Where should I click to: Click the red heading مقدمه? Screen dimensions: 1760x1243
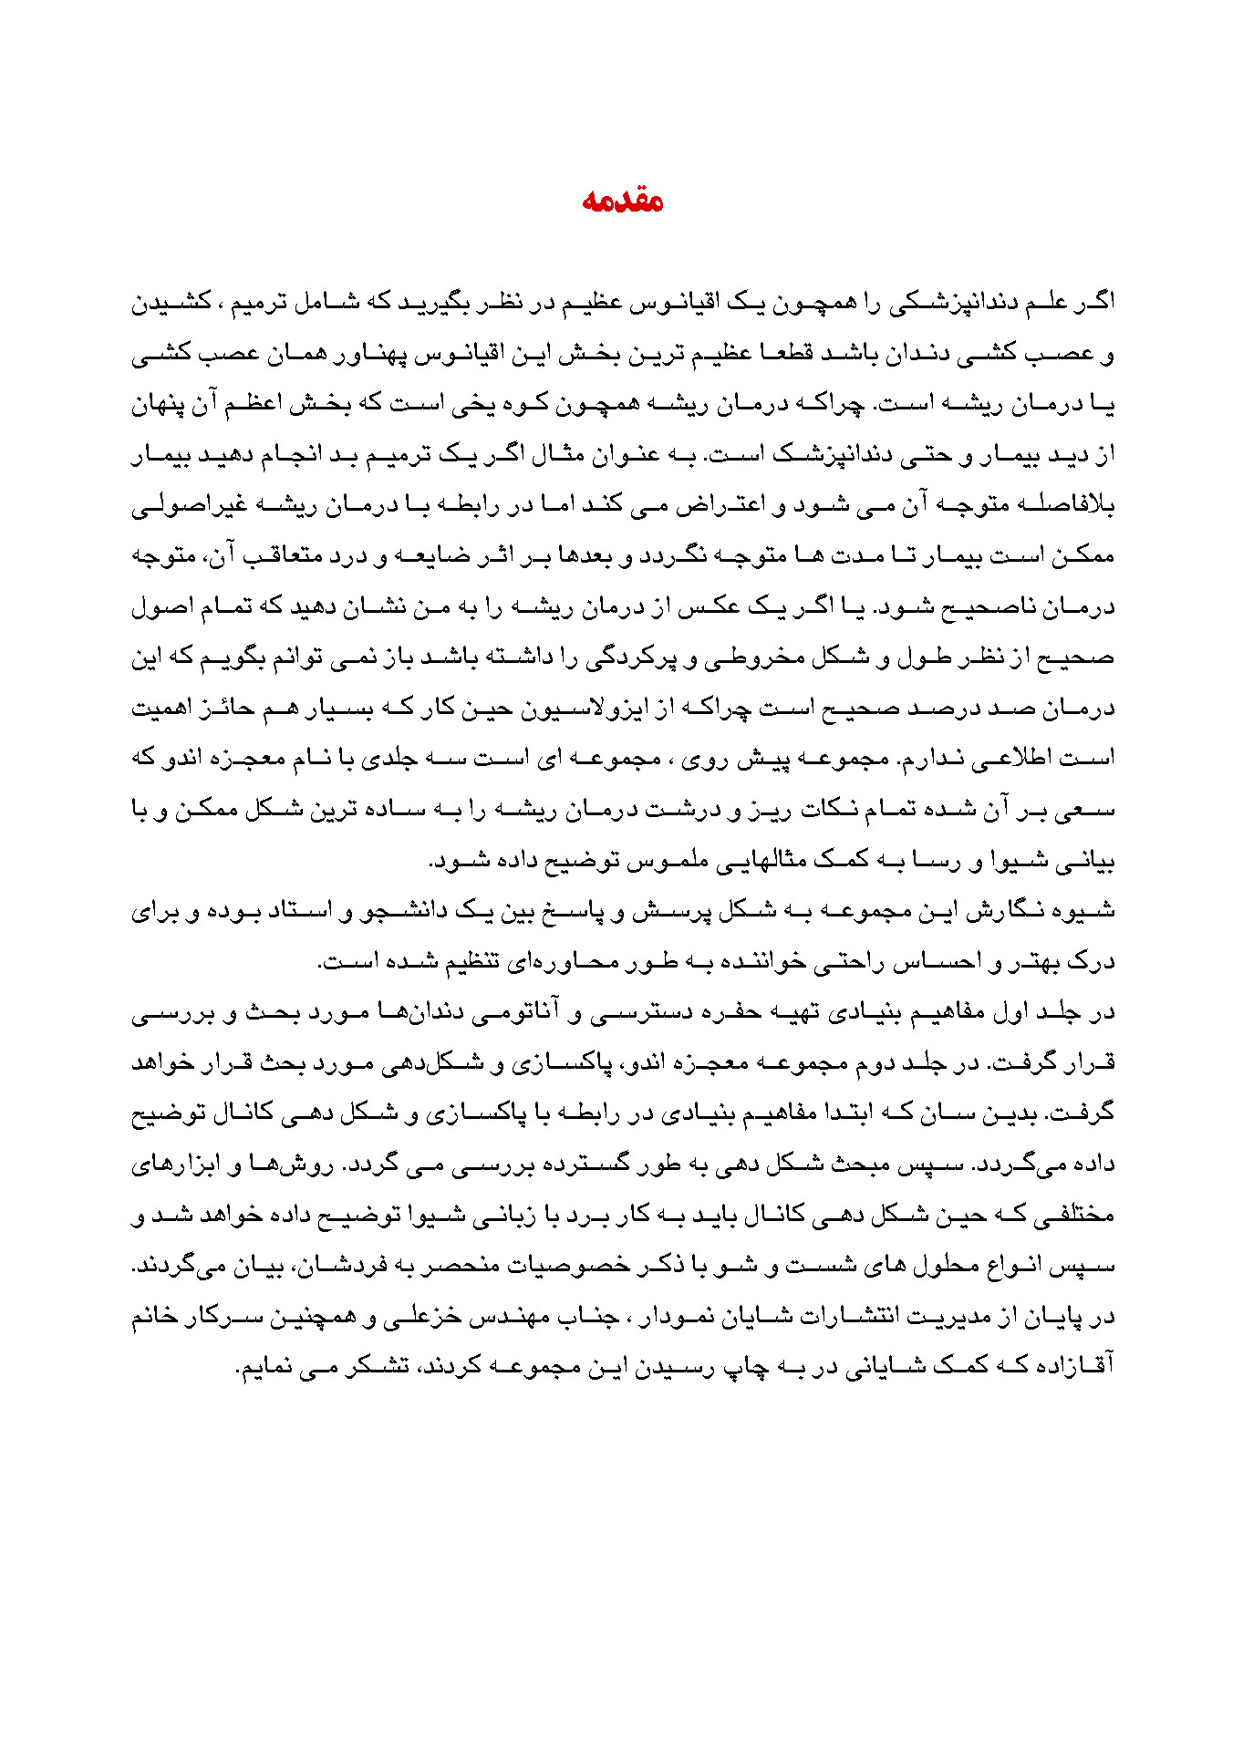(x=622, y=201)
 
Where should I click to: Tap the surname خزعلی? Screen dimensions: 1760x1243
(x=419, y=1317)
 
